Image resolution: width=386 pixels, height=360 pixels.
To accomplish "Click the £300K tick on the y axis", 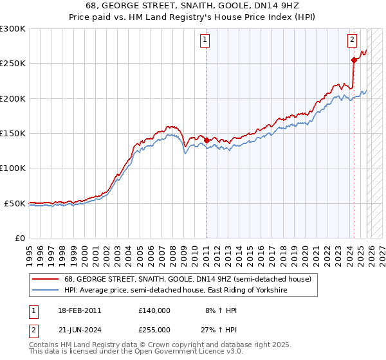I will (x=13, y=29).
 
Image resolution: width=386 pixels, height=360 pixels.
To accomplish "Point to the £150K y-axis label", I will (x=13, y=134).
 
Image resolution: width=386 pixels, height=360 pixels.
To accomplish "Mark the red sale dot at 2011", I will (x=207, y=140).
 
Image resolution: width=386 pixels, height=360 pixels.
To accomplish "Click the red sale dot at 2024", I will (x=354, y=60).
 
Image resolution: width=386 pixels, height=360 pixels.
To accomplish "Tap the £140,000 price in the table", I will (x=154, y=310).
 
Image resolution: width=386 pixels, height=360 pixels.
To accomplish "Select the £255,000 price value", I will (x=154, y=329).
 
